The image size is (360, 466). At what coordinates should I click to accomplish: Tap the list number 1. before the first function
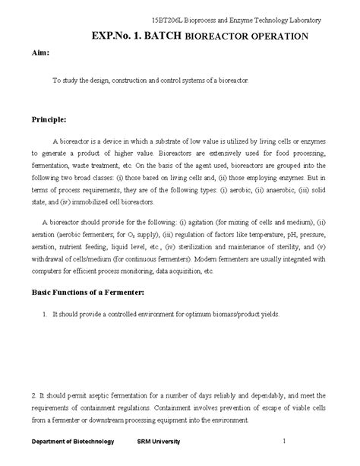pyautogui.click(x=46, y=314)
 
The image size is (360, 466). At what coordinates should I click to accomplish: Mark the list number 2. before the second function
pyautogui.click(x=34, y=395)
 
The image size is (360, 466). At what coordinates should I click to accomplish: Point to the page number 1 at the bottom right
pyautogui.click(x=283, y=440)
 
